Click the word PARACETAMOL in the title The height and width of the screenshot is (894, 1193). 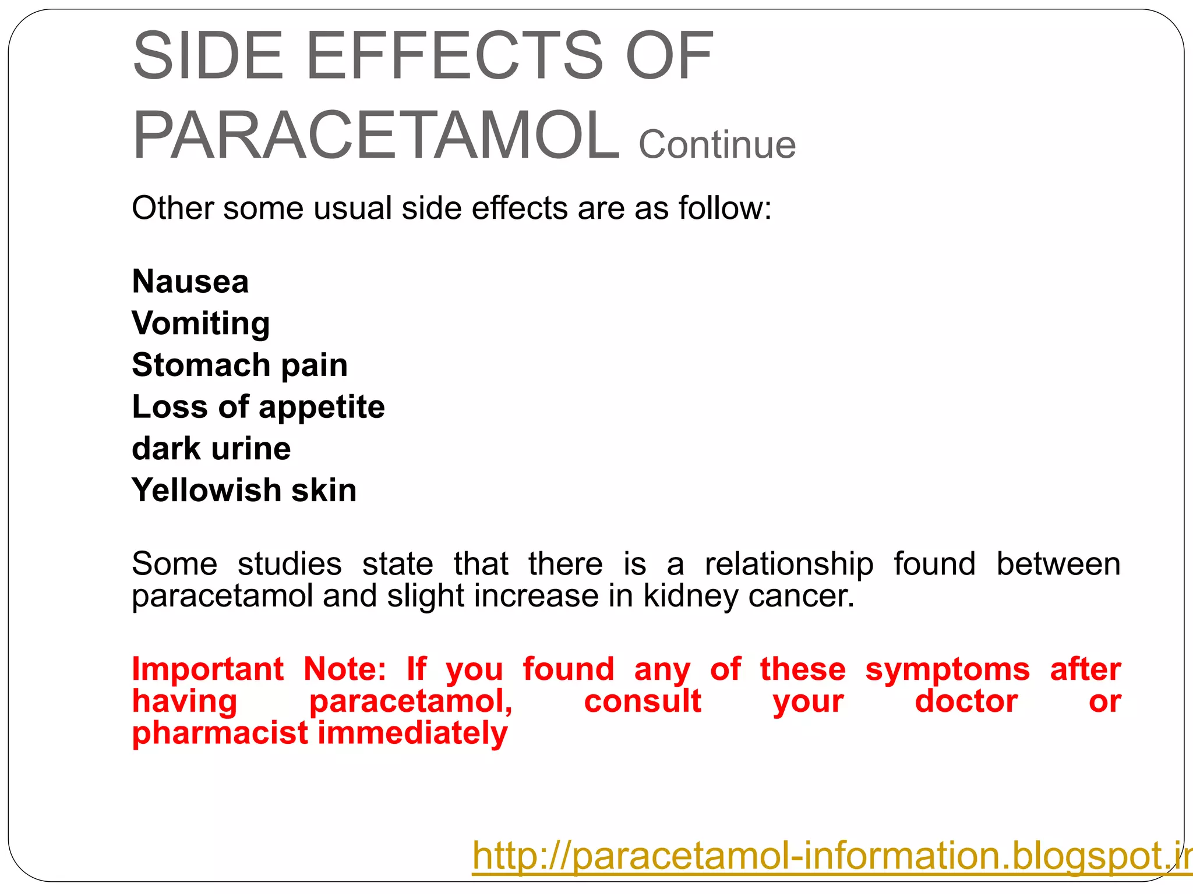point(376,135)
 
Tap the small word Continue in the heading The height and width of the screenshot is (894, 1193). point(717,144)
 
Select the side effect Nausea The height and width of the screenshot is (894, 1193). point(190,282)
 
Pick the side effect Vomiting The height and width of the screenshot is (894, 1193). point(200,324)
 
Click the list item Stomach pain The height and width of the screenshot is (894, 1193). point(239,366)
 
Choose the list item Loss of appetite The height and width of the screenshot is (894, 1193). point(258,407)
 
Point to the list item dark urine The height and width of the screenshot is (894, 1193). point(211,449)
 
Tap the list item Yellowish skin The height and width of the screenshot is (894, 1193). point(244,490)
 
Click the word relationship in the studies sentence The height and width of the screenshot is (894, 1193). point(789,565)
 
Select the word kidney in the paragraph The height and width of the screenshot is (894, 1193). point(690,596)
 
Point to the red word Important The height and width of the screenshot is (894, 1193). point(207,669)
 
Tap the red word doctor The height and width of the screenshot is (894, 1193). point(966,701)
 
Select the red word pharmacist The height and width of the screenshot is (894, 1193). point(220,733)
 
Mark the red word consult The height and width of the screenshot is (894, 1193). point(643,701)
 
